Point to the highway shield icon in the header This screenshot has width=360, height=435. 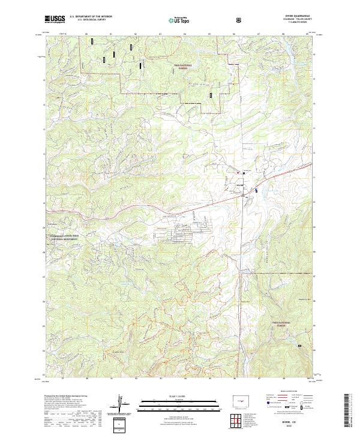[240, 20]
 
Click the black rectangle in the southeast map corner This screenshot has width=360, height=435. [310, 347]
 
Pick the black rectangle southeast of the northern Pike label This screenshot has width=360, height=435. [211, 94]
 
